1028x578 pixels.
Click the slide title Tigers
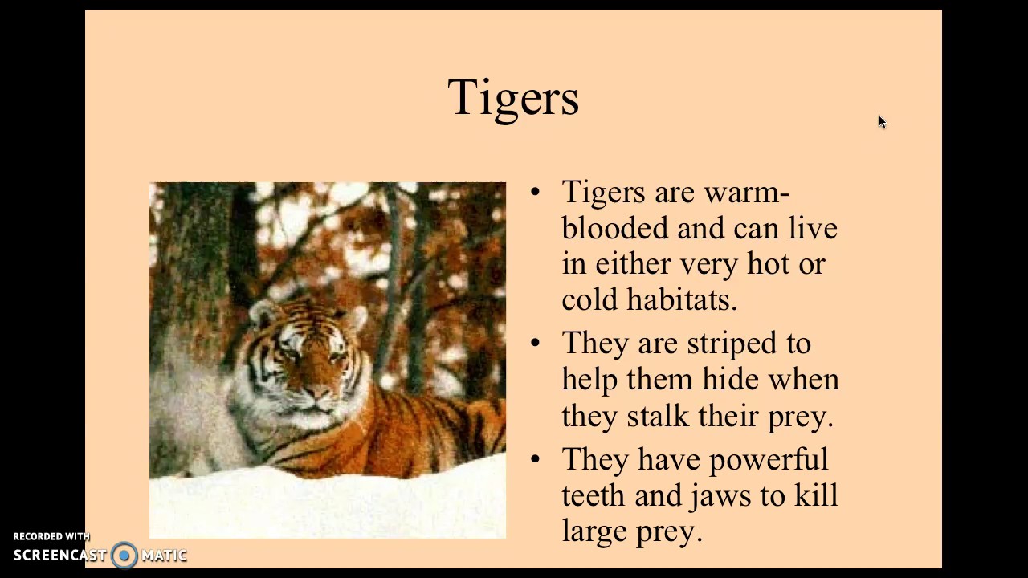pos(513,98)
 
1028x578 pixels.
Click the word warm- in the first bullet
pos(746,193)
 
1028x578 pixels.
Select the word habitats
pos(681,299)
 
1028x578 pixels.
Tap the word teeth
pos(594,495)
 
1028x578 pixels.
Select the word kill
pos(816,495)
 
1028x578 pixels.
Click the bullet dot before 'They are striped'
pos(536,344)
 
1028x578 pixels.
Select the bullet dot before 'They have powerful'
pos(536,459)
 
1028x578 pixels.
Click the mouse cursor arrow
pos(881,121)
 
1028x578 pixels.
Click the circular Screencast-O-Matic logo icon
pos(124,555)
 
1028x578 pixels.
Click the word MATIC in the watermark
pos(164,556)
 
